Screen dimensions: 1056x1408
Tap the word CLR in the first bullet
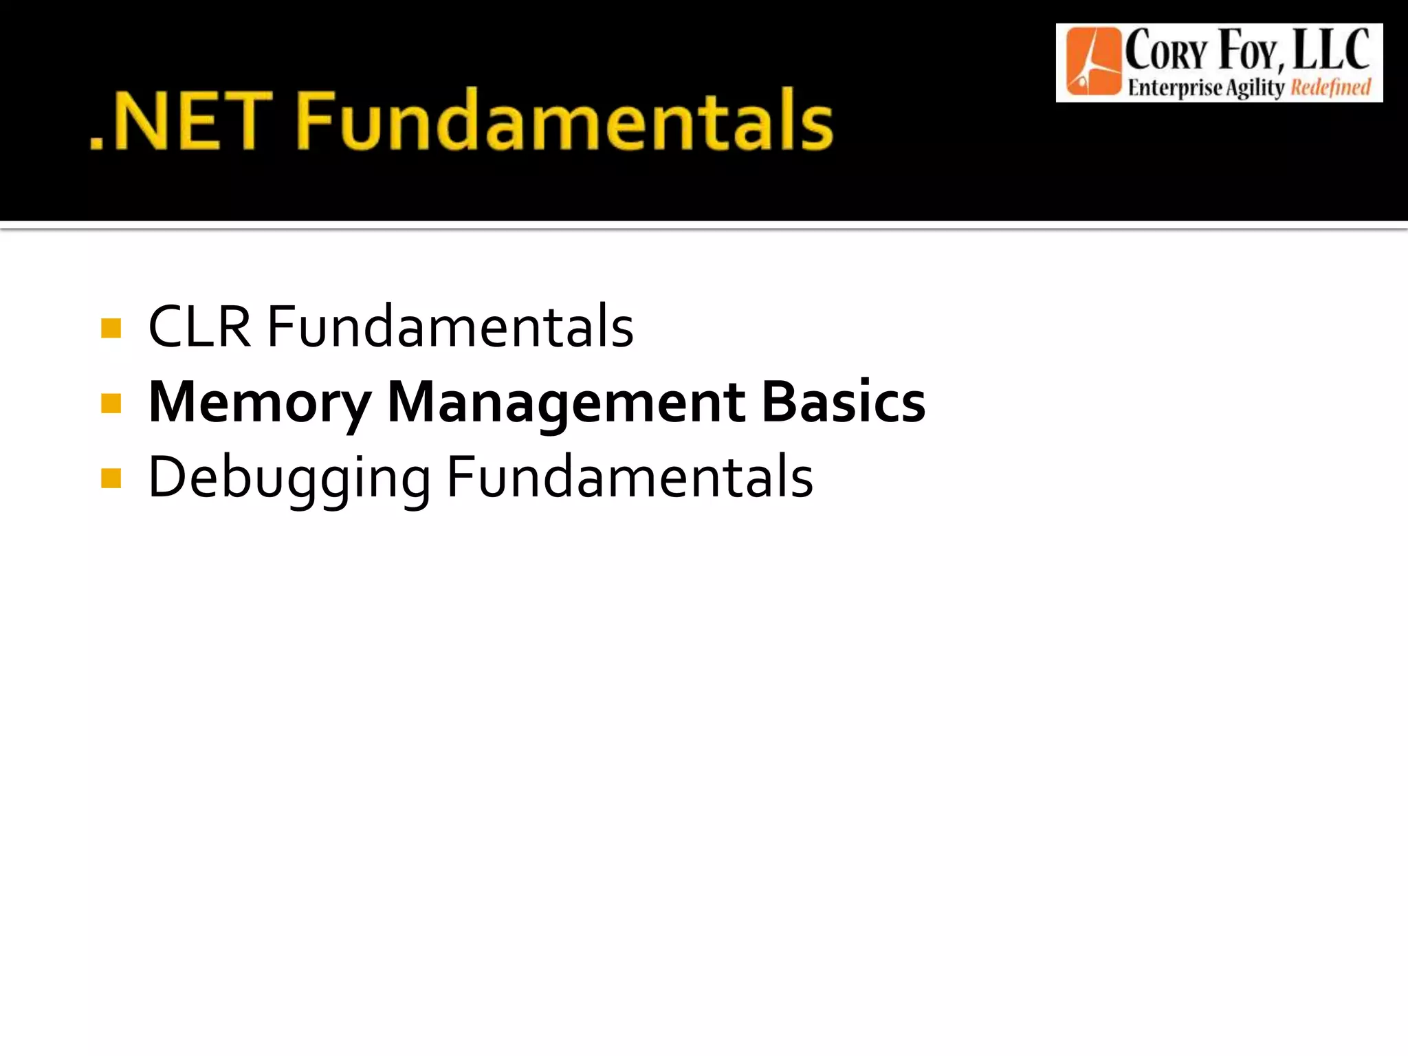199,327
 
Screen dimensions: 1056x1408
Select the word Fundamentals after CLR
450,327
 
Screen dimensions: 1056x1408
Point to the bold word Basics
844,403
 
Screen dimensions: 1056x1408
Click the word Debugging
289,478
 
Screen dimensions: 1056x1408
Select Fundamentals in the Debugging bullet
630,477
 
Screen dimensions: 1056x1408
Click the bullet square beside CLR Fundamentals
111,328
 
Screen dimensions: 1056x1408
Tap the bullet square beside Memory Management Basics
111,403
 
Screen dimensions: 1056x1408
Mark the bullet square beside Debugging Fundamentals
111,478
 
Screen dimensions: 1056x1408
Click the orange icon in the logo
1092,62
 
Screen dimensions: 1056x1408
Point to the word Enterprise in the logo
1176,88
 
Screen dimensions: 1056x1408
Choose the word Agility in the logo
1255,88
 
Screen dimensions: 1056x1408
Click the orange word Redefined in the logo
1330,88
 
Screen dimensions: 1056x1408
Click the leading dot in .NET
97,144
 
